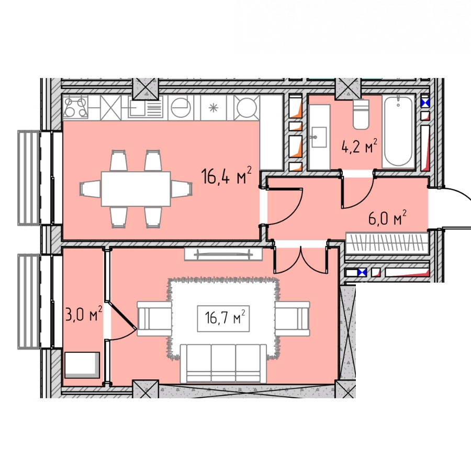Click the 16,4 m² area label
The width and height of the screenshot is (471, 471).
[226, 175]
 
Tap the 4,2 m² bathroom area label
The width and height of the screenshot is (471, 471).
[359, 146]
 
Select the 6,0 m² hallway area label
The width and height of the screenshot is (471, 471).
[387, 218]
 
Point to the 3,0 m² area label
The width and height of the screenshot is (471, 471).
[84, 314]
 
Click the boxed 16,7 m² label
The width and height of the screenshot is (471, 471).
[223, 318]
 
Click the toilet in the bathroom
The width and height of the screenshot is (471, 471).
[361, 114]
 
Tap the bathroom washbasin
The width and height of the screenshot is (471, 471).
[319, 137]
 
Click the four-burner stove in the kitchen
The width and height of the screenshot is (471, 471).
[75, 107]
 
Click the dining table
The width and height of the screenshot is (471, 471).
[136, 189]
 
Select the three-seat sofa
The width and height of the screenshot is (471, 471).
[223, 364]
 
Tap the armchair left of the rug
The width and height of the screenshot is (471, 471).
[154, 319]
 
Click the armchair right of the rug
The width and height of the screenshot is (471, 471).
[292, 319]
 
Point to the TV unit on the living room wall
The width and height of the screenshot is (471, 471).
[223, 254]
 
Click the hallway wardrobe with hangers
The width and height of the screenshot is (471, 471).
[387, 243]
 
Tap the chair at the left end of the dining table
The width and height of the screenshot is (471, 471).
[91, 189]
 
